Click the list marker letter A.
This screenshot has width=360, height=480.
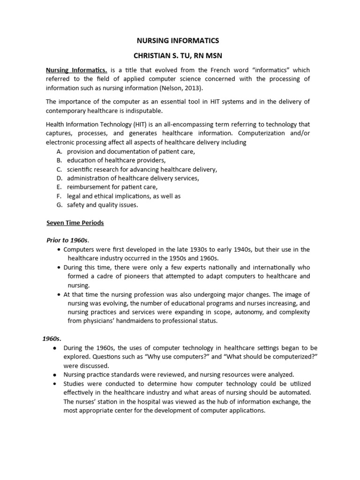59,151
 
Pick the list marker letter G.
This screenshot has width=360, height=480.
59,204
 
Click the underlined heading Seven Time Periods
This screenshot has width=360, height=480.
75,223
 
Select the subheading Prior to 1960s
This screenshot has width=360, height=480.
66,240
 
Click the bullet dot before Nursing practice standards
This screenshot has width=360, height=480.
55,375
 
